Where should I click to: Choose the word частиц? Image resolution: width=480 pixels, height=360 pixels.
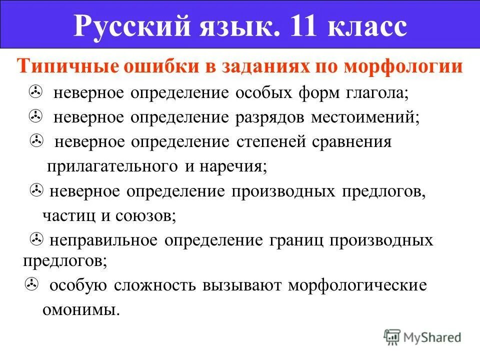pyautogui.click(x=64, y=216)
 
